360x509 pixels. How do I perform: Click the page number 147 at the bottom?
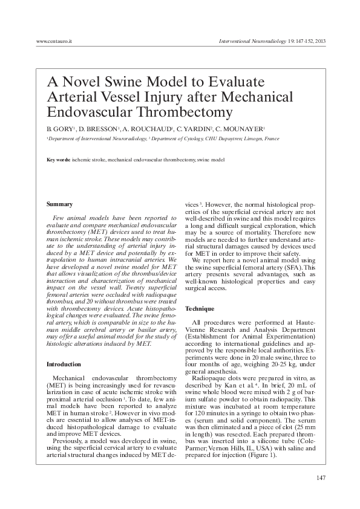point(321,479)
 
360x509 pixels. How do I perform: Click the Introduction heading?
point(64,365)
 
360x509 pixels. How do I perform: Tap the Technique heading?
point(199,309)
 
